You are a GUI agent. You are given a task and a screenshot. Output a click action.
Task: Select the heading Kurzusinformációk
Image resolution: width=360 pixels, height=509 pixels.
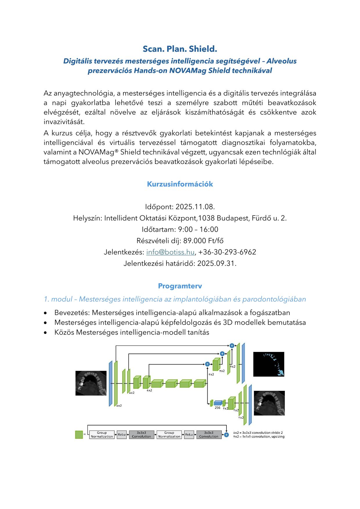point(180,184)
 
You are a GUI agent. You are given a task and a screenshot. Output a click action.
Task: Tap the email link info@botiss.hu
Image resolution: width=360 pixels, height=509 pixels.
point(170,252)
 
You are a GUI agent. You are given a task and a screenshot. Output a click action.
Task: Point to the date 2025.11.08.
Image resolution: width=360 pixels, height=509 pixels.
point(195,207)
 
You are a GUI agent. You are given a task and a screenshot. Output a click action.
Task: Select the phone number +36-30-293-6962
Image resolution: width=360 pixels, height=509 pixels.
point(227,252)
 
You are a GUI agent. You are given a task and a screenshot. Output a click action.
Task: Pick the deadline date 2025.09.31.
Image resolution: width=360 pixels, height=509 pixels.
point(217,263)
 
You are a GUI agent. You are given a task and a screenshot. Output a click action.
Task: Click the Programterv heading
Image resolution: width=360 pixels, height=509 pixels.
point(180,286)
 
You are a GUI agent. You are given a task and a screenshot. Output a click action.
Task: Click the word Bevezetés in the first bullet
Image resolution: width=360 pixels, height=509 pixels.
point(72,313)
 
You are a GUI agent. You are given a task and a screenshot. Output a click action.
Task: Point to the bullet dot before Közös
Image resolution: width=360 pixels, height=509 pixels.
point(45,332)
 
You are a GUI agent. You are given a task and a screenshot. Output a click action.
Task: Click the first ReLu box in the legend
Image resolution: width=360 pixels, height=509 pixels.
point(122,435)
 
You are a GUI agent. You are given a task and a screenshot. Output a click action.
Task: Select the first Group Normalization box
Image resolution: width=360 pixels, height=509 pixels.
point(102,435)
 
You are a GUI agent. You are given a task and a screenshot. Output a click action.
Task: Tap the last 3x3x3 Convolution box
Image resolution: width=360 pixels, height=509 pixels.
point(209,435)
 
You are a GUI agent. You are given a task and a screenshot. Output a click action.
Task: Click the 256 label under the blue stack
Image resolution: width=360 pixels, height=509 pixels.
point(217,408)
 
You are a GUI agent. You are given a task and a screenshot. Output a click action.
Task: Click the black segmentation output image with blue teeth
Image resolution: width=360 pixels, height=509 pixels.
point(269,364)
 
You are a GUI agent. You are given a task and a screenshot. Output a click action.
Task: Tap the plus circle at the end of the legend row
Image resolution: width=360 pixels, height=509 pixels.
point(226,435)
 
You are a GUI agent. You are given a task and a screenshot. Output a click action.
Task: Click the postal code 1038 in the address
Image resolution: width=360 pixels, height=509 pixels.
point(206,218)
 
